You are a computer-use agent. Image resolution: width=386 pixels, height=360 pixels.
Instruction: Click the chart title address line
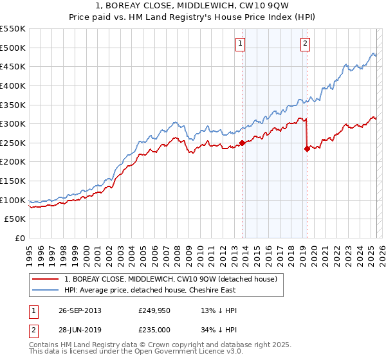pos(192,6)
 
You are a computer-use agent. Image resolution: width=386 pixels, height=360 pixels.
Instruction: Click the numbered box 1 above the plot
pos(240,44)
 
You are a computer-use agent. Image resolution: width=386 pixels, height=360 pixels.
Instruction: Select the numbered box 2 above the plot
pos(304,44)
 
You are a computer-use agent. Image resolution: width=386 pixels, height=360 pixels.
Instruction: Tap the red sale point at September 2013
pos(242,143)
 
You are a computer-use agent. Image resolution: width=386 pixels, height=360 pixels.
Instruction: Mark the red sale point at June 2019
pos(307,148)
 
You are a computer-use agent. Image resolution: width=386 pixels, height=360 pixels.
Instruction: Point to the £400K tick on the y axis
pos(13,85)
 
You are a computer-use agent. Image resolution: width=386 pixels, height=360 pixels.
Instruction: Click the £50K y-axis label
pos(15,219)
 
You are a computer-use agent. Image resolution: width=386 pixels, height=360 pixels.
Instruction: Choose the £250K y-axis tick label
pos(13,143)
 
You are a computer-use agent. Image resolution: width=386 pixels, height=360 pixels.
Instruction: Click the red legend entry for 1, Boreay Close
pos(170,279)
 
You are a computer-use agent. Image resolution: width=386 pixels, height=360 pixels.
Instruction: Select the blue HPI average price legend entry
pos(150,290)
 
